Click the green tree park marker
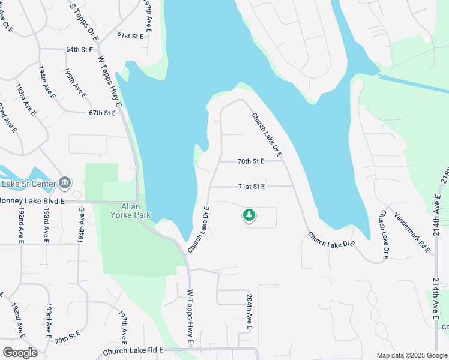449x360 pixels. [x=249, y=215]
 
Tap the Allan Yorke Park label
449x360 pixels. [x=130, y=211]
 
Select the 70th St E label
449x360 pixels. [x=251, y=161]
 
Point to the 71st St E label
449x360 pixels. [x=251, y=187]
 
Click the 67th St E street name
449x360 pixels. [x=101, y=113]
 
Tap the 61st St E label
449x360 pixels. [x=130, y=36]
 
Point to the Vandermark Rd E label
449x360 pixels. [x=411, y=228]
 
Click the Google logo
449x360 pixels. [x=19, y=353]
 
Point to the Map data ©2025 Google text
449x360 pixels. [x=411, y=355]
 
